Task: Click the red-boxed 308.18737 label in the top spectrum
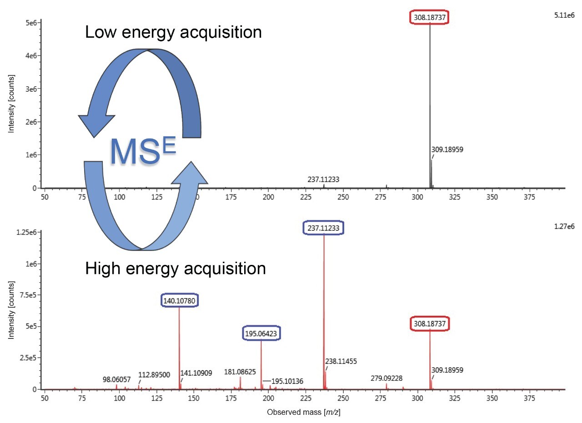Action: click(430, 16)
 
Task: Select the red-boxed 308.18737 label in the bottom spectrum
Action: click(430, 324)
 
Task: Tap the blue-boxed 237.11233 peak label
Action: click(323, 228)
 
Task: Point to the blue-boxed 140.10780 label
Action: click(179, 300)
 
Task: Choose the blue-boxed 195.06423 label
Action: click(261, 333)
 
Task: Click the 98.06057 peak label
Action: click(118, 379)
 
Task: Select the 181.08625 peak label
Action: click(240, 372)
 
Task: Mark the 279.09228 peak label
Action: click(386, 378)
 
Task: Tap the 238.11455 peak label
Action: click(341, 361)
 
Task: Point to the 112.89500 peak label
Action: click(154, 375)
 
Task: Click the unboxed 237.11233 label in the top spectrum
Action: click(323, 179)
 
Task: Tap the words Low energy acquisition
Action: click(173, 32)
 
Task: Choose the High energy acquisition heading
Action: click(175, 269)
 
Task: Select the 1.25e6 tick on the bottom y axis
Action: click(28, 233)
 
